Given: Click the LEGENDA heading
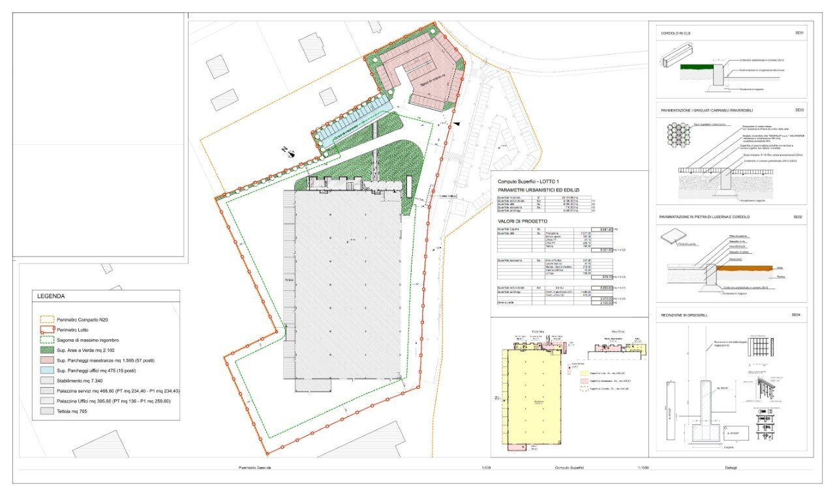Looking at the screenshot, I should point(51,296).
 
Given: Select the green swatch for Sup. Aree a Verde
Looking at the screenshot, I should point(47,350).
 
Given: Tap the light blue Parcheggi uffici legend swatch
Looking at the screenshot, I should point(47,371).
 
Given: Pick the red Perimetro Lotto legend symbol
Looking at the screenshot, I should point(47,330).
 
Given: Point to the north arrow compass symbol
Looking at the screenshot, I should point(290,153).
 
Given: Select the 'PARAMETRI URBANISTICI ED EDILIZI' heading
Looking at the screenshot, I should point(538,190).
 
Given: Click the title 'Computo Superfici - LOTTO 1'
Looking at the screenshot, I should point(528,181).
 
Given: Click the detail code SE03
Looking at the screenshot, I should point(799,110).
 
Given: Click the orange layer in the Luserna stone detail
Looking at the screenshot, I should point(750,268).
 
